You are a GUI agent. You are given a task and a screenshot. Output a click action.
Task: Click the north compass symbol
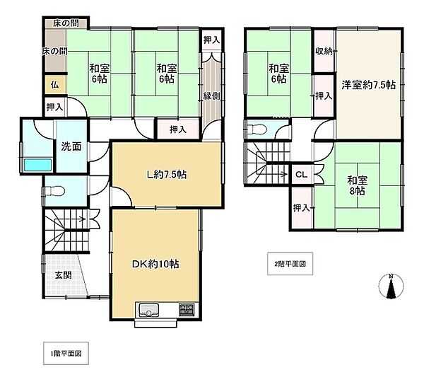[x=391, y=286]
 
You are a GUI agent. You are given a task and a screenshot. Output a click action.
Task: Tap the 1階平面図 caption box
[x=66, y=353]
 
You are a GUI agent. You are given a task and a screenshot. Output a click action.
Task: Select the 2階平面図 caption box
[x=290, y=264]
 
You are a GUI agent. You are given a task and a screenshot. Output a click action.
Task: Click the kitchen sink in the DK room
[x=148, y=310]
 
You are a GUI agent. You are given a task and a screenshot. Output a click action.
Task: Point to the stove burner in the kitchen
[x=187, y=309]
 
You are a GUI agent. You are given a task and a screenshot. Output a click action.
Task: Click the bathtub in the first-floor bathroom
[x=38, y=165]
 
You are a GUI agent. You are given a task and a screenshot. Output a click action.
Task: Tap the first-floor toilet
[x=55, y=192]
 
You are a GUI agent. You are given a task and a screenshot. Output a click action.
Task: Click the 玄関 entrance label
[x=64, y=275]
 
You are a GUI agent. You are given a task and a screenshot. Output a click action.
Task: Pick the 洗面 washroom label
[x=71, y=146]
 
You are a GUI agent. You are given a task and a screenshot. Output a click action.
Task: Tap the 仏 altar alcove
[x=55, y=85]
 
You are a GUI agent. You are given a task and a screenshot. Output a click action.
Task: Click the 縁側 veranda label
[x=211, y=95]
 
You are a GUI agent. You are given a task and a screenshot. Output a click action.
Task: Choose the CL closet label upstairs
[x=302, y=175]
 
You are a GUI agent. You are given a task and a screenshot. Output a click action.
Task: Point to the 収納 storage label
[x=324, y=51]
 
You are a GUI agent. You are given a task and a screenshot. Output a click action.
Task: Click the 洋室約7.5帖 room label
[x=369, y=85]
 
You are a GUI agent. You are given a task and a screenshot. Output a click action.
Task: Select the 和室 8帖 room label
[x=358, y=185]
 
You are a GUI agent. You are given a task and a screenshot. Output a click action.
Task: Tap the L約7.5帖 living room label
[x=166, y=175]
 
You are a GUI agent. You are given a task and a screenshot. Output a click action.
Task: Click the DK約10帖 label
[x=155, y=264]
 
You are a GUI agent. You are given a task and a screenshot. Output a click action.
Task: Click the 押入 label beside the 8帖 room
[x=302, y=208]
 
